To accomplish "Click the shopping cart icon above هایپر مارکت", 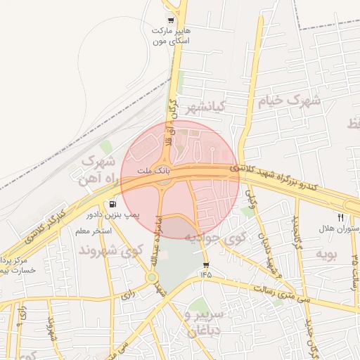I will click(x=170, y=20).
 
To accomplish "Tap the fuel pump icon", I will click(x=114, y=204).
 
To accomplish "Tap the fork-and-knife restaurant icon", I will click(x=341, y=217).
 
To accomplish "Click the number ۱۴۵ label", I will click(x=205, y=274).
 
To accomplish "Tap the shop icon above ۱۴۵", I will click(x=206, y=264).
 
